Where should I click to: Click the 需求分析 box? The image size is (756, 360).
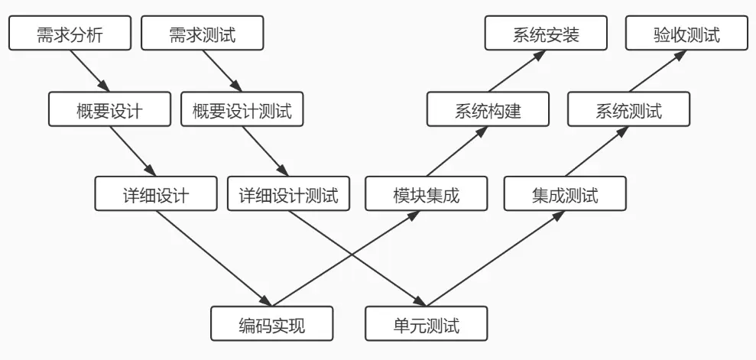click(70, 33)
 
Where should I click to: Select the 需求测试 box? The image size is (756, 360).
click(203, 33)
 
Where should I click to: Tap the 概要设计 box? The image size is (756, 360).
click(109, 109)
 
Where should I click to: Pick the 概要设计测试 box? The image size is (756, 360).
click(242, 109)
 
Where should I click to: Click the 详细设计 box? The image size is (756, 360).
click(156, 193)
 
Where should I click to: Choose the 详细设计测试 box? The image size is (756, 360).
click(288, 193)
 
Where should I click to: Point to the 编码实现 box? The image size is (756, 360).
click(272, 323)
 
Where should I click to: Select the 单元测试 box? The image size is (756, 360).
click(427, 323)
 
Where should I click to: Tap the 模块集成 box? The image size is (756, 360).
click(427, 193)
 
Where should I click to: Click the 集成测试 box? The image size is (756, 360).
click(565, 193)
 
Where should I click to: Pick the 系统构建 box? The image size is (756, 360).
click(488, 109)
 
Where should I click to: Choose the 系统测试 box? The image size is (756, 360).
click(628, 109)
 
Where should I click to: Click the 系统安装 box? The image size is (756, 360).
click(546, 33)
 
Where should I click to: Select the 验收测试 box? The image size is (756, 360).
click(686, 33)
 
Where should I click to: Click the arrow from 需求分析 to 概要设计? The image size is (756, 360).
click(89, 71)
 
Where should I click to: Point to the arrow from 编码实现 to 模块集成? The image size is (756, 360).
click(346, 258)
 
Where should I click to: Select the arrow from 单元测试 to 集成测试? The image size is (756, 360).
click(495, 258)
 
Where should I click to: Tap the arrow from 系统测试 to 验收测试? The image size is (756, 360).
click(657, 71)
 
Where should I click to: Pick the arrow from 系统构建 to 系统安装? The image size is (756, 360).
click(517, 71)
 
